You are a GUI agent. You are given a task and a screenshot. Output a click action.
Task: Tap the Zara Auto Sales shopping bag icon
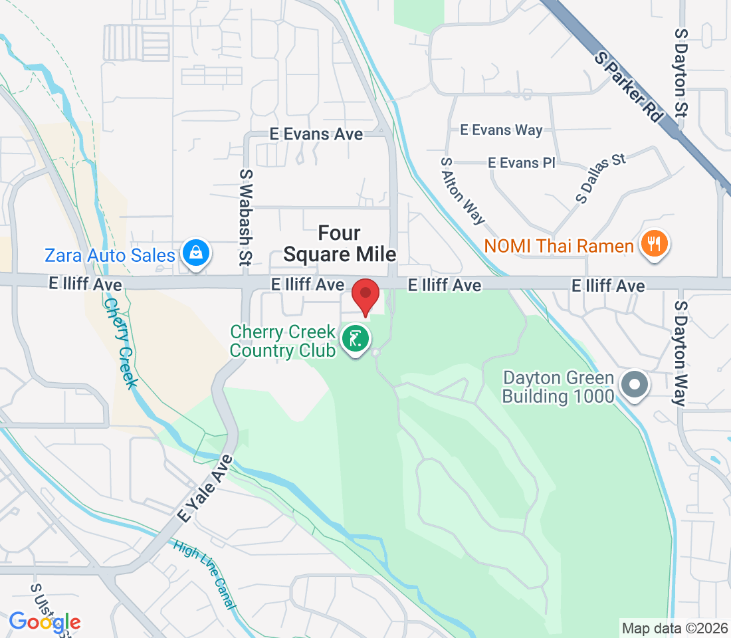(x=196, y=254)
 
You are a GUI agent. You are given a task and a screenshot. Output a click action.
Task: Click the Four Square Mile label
(x=339, y=243)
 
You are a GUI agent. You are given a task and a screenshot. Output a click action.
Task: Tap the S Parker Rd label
(x=629, y=88)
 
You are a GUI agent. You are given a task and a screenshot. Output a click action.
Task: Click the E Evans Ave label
(x=316, y=134)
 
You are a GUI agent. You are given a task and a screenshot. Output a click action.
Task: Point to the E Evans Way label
(x=501, y=130)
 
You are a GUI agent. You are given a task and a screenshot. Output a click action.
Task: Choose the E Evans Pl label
(x=521, y=162)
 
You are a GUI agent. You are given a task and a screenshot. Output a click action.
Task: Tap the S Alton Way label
(x=463, y=190)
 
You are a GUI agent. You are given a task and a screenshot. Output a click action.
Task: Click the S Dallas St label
(x=601, y=177)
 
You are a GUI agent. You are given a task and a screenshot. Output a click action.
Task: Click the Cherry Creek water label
(x=120, y=344)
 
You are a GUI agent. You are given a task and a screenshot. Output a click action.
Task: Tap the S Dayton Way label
(x=680, y=353)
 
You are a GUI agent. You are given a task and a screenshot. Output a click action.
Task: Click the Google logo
(x=45, y=623)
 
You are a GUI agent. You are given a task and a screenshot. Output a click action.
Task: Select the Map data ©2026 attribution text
(x=674, y=627)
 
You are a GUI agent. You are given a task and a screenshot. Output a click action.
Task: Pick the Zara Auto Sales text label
(x=110, y=255)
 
